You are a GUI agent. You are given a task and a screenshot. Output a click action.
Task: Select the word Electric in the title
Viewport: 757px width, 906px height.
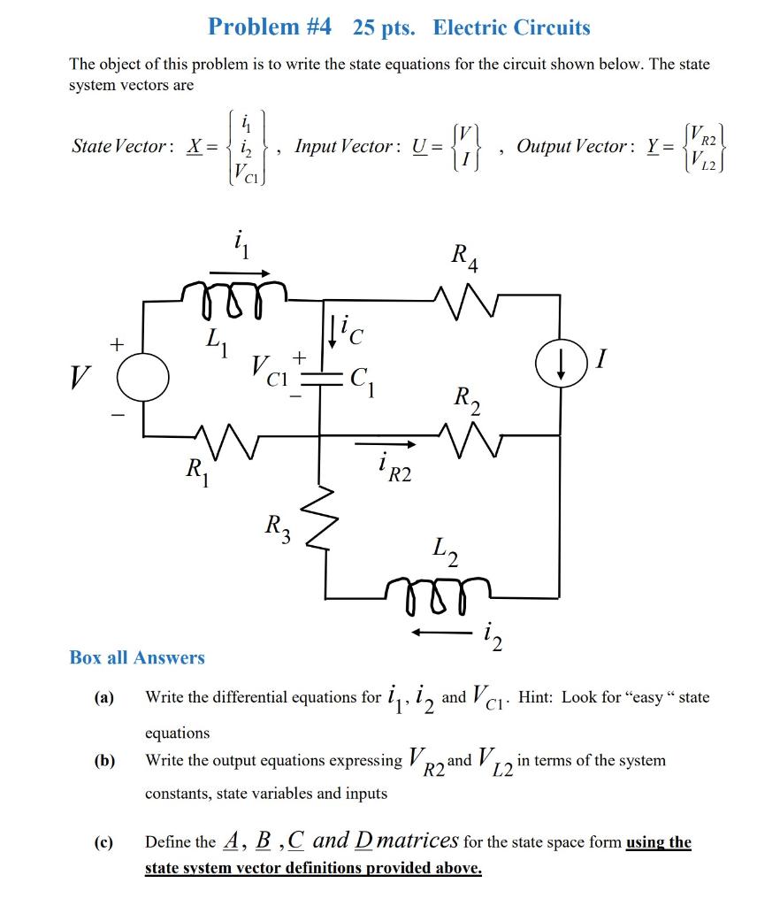[468, 27]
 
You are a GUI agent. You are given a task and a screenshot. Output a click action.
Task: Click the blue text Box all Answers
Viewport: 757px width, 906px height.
[137, 657]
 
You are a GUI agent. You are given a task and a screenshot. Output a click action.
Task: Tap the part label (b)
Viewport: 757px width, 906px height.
[105, 760]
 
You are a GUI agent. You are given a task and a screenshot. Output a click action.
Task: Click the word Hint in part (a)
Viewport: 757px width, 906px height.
[536, 697]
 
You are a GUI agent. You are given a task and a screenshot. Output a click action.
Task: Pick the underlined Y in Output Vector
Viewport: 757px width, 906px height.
[654, 147]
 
